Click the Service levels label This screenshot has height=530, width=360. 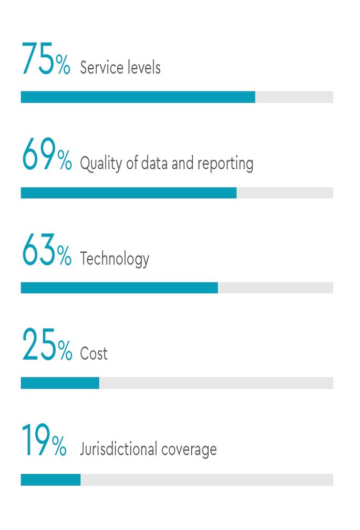click(120, 68)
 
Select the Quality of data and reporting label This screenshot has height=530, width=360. click(167, 164)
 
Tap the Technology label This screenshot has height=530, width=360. click(115, 259)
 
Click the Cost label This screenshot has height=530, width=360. click(94, 354)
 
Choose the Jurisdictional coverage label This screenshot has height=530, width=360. click(148, 450)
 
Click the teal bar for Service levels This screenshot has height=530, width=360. click(138, 97)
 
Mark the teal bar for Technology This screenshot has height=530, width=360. click(119, 288)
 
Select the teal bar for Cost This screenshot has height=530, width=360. click(60, 383)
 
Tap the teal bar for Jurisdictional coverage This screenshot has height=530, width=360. click(50, 480)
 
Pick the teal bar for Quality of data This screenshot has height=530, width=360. click(129, 193)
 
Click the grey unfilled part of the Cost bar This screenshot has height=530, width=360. click(216, 383)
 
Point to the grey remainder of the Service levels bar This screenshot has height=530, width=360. click(294, 97)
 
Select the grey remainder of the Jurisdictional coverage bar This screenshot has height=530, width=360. click(207, 480)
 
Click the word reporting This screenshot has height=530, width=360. click(225, 164)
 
